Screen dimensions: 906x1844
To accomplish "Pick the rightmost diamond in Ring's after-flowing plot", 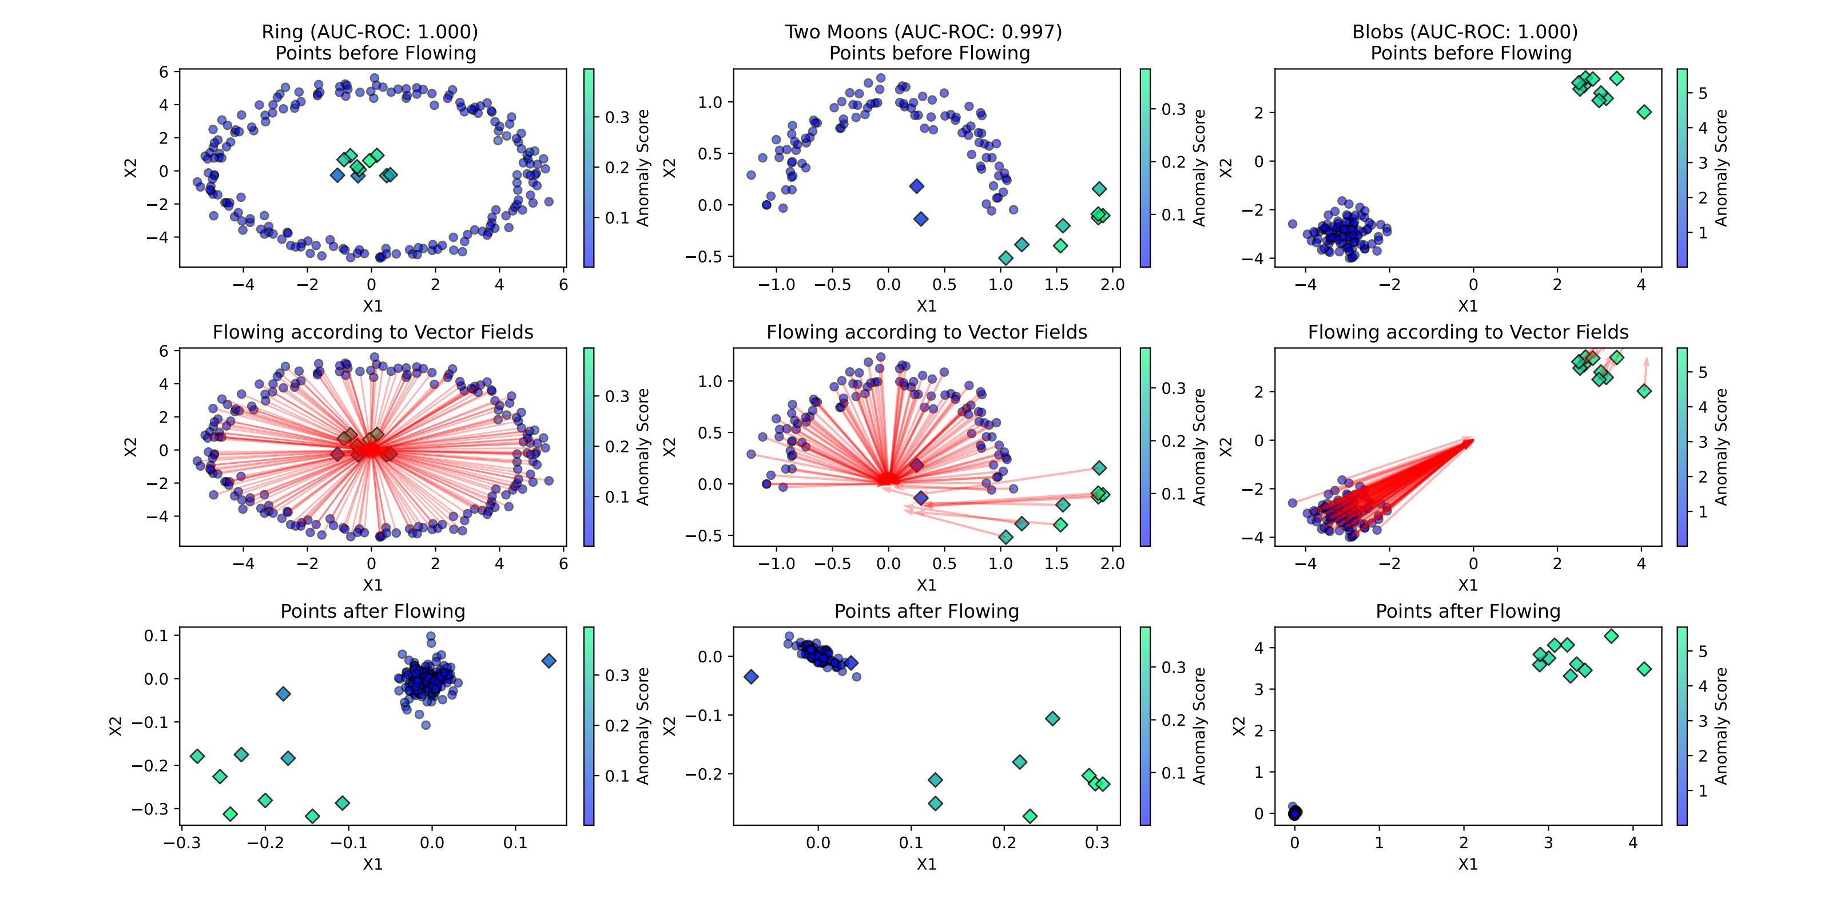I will click(549, 661).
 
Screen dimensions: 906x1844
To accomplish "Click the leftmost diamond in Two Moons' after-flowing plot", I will click(751, 676).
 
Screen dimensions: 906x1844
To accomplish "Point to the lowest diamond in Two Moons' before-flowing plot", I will click(1006, 257).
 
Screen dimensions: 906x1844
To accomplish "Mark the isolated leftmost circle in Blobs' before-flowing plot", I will click(1293, 224).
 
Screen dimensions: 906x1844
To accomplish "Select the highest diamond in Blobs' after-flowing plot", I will click(1611, 636).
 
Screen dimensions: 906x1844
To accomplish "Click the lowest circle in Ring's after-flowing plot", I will click(426, 725).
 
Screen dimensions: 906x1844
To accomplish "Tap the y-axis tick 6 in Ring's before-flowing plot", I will click(164, 71).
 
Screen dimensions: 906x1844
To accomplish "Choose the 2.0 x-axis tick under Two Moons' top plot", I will click(1113, 285).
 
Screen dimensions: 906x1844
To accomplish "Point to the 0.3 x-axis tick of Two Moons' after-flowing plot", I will click(1096, 843).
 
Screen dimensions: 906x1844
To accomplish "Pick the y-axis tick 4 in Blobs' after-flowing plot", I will click(1259, 647).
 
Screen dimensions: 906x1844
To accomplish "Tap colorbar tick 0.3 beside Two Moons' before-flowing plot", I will click(1173, 109).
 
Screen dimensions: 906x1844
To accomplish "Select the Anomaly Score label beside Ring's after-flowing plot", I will click(643, 726).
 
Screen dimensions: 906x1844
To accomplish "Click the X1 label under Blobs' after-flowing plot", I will click(1468, 864).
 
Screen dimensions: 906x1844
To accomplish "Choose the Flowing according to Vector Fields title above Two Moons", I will click(927, 332).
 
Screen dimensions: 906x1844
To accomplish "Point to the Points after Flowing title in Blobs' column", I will click(1468, 611).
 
